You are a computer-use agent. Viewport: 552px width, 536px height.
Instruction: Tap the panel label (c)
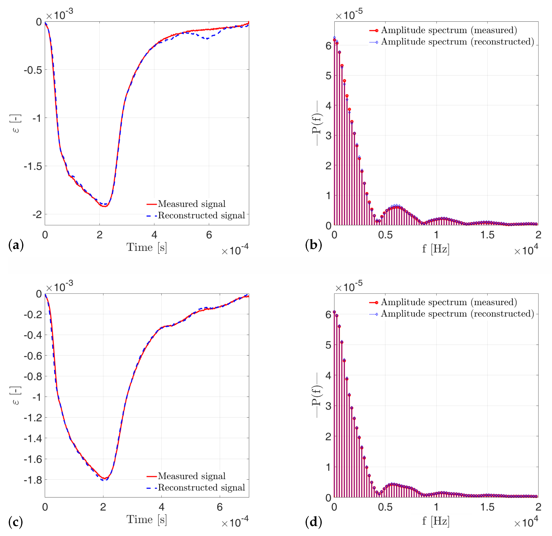click(16, 522)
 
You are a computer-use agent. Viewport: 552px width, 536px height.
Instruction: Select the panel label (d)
click(313, 522)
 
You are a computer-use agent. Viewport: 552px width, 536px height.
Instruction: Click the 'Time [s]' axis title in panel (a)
click(147, 247)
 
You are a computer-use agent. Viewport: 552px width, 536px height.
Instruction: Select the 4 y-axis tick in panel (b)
click(328, 106)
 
